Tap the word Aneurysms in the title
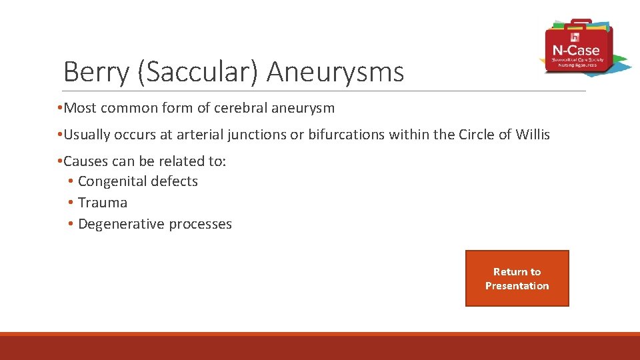pos(336,71)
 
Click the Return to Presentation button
pos(517,279)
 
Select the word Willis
pos(533,135)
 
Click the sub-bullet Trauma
pos(102,203)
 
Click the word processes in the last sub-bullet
pos(200,224)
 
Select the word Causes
pos(87,161)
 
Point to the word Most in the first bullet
pos(80,108)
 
